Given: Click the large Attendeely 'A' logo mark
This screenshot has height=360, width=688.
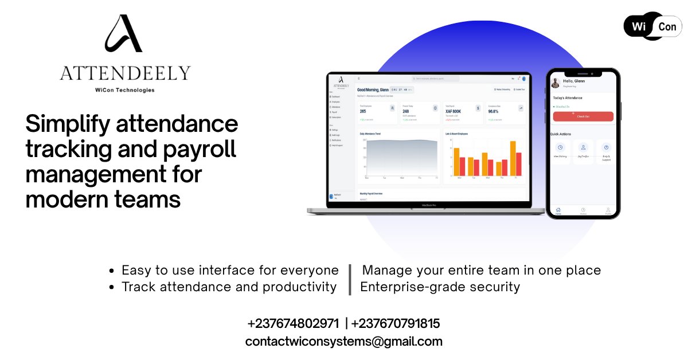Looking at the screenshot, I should tap(123, 34).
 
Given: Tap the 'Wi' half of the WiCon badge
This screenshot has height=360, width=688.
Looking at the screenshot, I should tap(639, 26).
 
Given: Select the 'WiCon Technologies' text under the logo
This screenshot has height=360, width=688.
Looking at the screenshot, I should tap(124, 90).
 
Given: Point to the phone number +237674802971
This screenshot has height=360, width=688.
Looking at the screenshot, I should tap(293, 323).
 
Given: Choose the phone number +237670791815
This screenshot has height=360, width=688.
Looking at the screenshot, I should tap(396, 323).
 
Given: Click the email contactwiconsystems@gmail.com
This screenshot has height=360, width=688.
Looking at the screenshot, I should tap(343, 342).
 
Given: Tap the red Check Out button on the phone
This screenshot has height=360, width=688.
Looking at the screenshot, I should tap(583, 116).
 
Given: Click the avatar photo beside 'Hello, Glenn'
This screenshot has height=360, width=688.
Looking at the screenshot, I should tap(555, 83).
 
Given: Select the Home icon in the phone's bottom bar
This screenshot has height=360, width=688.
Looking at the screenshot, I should tap(558, 210).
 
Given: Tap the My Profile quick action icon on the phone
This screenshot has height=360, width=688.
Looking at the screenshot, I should tap(583, 148).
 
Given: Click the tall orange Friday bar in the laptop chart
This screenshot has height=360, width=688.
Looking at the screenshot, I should tap(513, 158).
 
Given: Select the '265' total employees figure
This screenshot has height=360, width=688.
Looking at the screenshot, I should tap(363, 112).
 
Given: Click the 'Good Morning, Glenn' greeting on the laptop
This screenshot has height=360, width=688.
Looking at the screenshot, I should tap(373, 90).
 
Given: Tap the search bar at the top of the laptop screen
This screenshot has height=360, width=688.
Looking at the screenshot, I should tap(436, 79).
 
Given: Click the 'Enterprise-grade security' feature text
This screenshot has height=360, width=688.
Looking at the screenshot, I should tap(440, 287).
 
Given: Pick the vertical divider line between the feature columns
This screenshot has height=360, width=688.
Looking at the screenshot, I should tap(350, 279).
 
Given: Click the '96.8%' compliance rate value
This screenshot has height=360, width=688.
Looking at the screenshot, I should tap(494, 112).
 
